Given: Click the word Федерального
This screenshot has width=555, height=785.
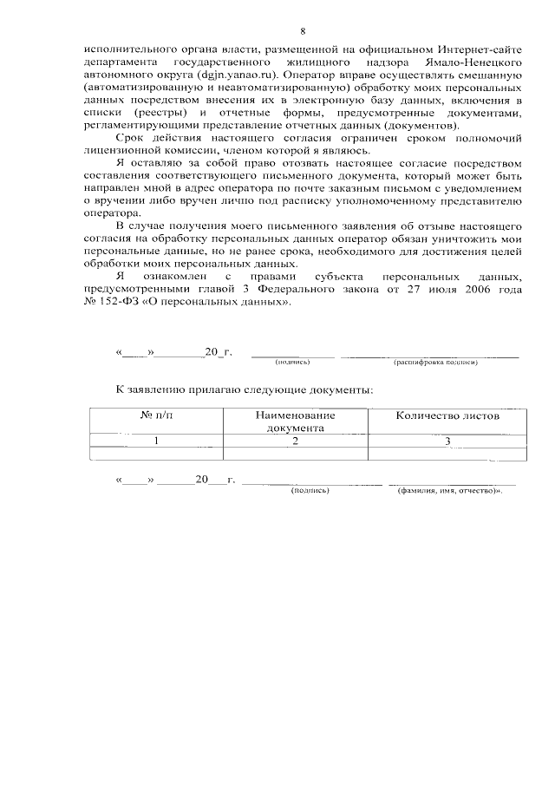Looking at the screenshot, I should coord(292,291).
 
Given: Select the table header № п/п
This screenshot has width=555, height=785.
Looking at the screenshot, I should coord(157,416).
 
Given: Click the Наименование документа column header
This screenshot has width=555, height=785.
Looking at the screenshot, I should coord(295,422).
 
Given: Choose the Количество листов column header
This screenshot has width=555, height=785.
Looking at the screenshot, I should coord(447,416).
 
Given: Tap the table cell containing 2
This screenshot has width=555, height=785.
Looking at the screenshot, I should coord(295,441).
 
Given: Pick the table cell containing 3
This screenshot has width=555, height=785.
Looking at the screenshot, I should coord(447,441).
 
